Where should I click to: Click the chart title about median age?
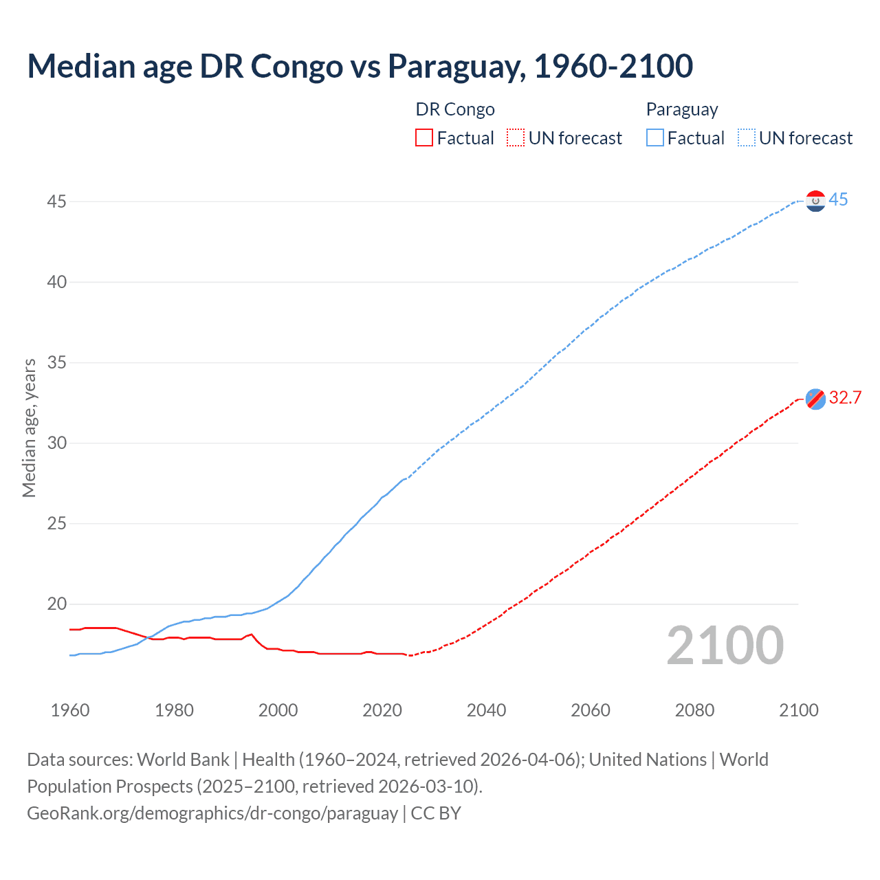[x=360, y=66]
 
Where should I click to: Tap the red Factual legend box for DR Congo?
[x=424, y=138]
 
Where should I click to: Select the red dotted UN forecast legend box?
[x=516, y=138]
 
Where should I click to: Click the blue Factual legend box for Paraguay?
[x=654, y=138]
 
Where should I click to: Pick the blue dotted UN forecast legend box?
[x=746, y=138]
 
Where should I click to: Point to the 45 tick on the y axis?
[x=57, y=202]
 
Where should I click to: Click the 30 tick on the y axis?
[x=57, y=443]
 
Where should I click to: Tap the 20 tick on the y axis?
[x=57, y=604]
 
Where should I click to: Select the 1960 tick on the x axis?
[x=70, y=710]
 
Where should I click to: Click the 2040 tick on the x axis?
[x=486, y=710]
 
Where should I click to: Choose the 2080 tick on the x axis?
[x=694, y=710]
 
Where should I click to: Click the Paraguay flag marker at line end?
[x=815, y=201]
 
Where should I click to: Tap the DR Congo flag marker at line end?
[x=815, y=399]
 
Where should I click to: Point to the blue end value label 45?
[x=838, y=200]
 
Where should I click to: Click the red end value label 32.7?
[x=845, y=398]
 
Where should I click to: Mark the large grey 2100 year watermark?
[x=725, y=646]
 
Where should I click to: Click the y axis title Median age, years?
[x=29, y=428]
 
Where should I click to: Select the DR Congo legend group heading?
[x=455, y=110]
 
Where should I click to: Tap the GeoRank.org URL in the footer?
[x=212, y=813]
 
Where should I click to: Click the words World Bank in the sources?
[x=183, y=760]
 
